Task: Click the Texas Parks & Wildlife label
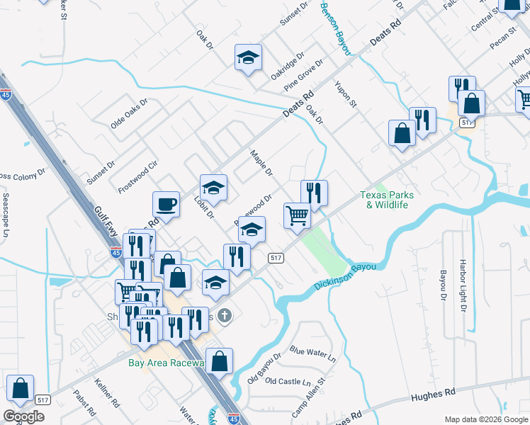click(x=387, y=200)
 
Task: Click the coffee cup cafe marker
click(x=167, y=204)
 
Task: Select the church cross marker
click(x=225, y=315)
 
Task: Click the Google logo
click(x=24, y=416)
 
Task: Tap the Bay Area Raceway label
click(x=167, y=363)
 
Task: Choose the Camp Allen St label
click(x=310, y=395)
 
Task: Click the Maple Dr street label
click(x=260, y=163)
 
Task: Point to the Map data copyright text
click(x=485, y=419)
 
